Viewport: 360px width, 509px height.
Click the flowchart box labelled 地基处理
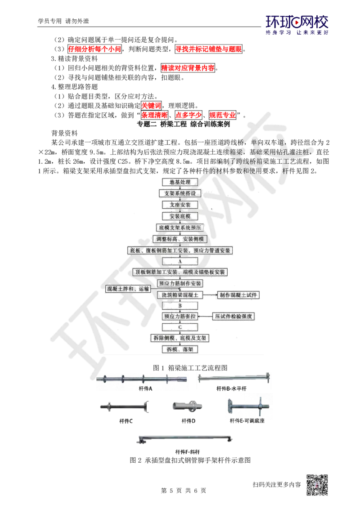180,182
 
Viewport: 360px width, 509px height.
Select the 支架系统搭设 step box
180,193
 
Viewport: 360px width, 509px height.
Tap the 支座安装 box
180,205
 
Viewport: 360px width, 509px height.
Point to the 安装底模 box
180,216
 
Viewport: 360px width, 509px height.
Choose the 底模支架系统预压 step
180,228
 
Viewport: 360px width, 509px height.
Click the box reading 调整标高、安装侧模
180,239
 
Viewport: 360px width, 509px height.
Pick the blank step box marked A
180,261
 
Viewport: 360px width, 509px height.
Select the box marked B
180,306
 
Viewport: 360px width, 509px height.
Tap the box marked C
180,327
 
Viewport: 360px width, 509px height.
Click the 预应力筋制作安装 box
180,284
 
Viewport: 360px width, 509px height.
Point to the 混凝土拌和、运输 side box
127,289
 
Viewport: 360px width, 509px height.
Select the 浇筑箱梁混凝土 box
180,295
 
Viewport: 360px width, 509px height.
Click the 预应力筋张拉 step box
180,317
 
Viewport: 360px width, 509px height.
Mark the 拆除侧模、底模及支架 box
180,337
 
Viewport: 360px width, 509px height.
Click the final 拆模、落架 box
180,349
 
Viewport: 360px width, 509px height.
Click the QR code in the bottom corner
316,485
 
